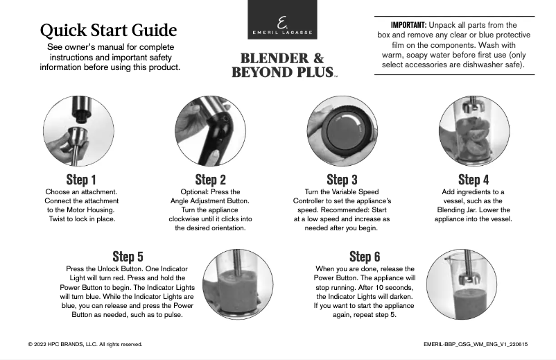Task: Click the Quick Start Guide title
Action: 108,31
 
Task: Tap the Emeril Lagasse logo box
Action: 282,20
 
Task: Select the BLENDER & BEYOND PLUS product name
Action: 282,65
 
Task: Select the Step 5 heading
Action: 128,257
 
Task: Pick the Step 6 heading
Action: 365,257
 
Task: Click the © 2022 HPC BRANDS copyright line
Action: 85,343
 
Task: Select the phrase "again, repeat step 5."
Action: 365,314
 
